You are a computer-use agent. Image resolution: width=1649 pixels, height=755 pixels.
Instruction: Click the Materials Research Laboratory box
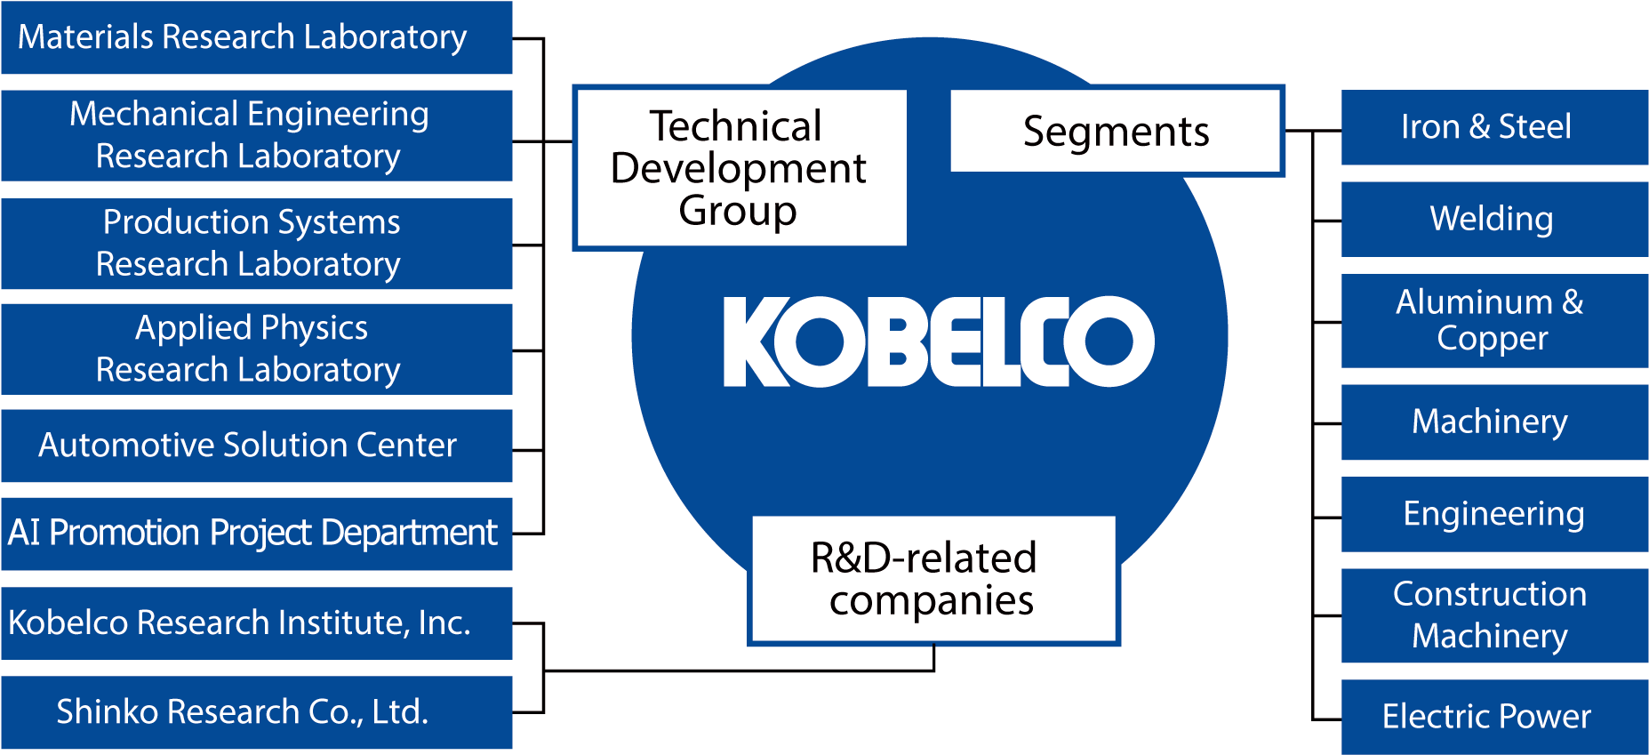coord(256,37)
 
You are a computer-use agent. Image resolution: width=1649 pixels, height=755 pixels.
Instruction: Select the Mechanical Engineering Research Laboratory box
coord(256,135)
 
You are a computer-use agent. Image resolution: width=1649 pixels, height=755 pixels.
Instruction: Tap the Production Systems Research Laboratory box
coord(256,243)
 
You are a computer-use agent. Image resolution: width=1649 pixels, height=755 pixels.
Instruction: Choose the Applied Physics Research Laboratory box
coord(256,349)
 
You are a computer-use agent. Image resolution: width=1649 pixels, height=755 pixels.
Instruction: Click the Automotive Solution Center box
coord(256,446)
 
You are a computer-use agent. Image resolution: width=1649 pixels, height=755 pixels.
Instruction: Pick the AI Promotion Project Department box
coord(256,534)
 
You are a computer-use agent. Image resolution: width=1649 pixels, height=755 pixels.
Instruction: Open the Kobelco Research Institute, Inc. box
coord(256,622)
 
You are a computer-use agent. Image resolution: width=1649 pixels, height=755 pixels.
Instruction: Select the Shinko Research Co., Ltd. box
coord(256,712)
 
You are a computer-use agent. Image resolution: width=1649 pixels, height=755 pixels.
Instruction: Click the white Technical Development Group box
coord(740,167)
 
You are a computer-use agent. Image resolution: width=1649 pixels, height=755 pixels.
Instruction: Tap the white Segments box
coord(1116,131)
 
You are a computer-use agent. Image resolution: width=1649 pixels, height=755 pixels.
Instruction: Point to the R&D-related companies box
coord(933,579)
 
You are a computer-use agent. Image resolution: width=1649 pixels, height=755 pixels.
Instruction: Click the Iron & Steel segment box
coord(1493,127)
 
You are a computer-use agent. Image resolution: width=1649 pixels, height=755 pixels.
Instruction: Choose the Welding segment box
coord(1493,220)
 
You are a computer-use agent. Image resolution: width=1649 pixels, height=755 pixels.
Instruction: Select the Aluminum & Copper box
coord(1493,320)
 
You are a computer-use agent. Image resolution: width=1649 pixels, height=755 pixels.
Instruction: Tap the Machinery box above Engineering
coord(1493,422)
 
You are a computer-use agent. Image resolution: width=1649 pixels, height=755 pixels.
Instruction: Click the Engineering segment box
coord(1493,514)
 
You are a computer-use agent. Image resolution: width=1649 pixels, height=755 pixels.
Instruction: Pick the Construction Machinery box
coord(1493,615)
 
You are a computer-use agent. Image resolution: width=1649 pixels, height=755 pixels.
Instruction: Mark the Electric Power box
coord(1493,717)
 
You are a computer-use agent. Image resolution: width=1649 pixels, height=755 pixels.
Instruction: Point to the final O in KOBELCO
coord(1110,341)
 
